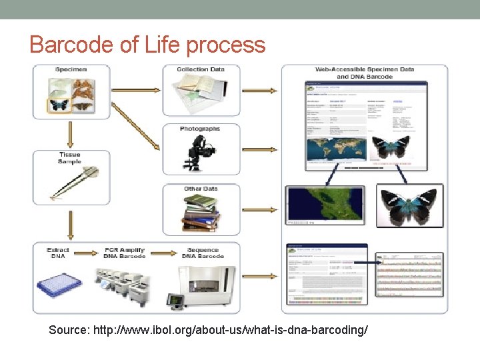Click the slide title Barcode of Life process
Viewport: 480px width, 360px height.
147,45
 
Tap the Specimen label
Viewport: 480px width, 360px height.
71,69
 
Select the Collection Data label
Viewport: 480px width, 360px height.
201,69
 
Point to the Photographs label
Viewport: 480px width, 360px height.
200,129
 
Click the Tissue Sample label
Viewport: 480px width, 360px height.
70,158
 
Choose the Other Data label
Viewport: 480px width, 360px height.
201,189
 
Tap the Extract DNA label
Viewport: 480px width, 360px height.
58,253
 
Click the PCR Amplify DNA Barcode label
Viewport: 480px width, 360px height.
124,253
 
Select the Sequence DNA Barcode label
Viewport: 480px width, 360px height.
203,253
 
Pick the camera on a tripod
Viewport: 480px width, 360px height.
198,152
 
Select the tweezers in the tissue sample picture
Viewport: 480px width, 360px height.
73,181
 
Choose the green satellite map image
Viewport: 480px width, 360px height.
325,209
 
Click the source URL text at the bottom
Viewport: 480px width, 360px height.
208,330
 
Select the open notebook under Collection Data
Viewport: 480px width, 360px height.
200,91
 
